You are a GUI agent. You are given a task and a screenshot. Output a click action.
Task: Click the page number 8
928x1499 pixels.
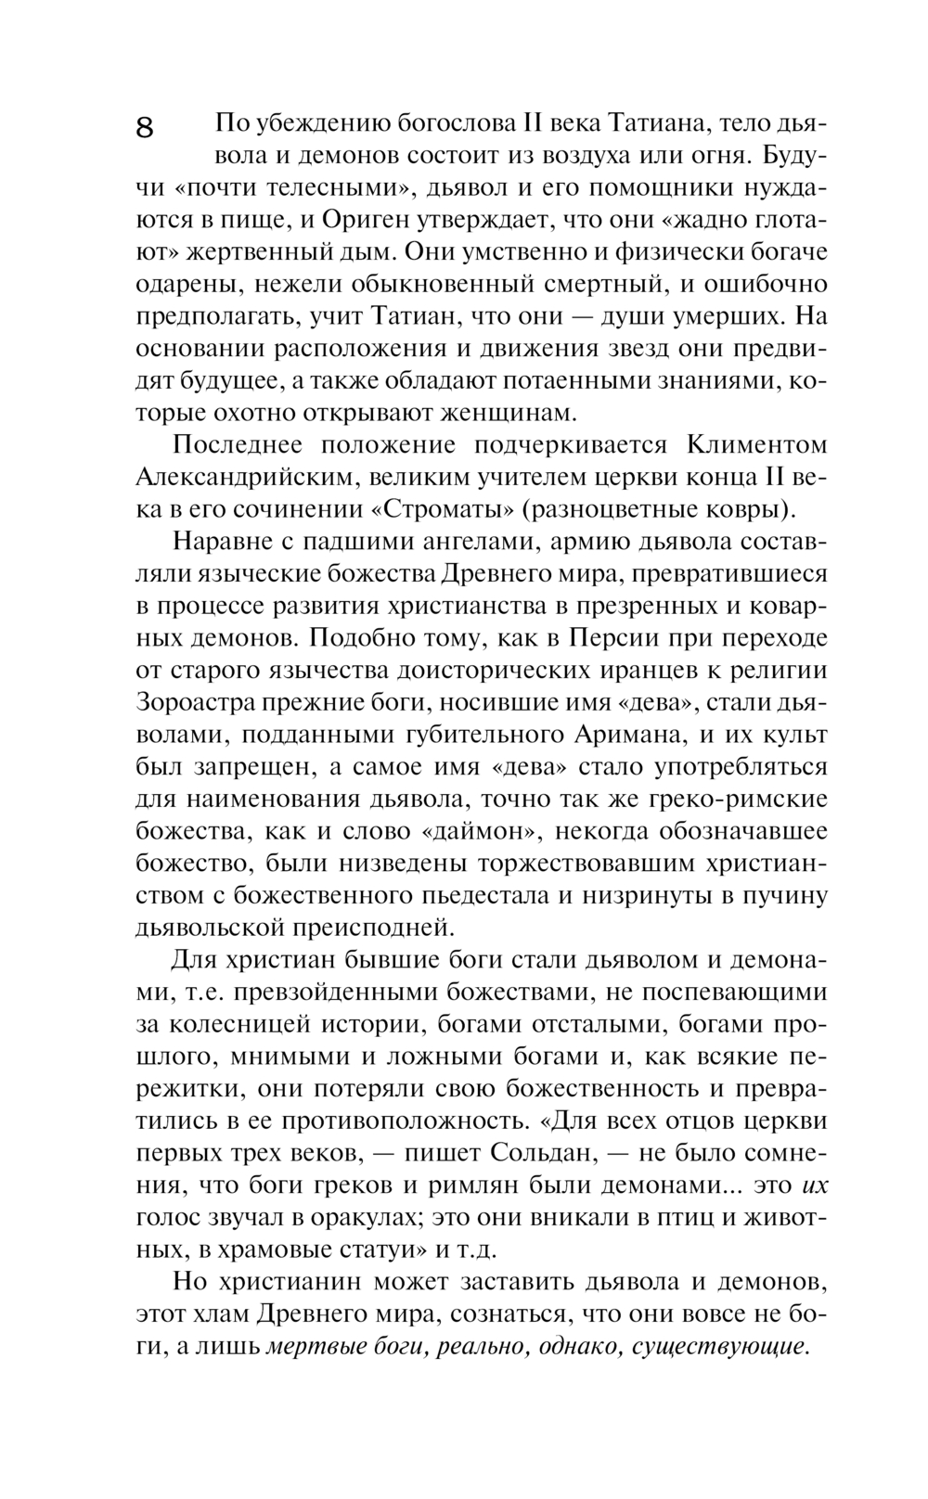[x=146, y=127]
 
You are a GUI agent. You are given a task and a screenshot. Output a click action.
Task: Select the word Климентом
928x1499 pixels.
[x=756, y=445]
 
